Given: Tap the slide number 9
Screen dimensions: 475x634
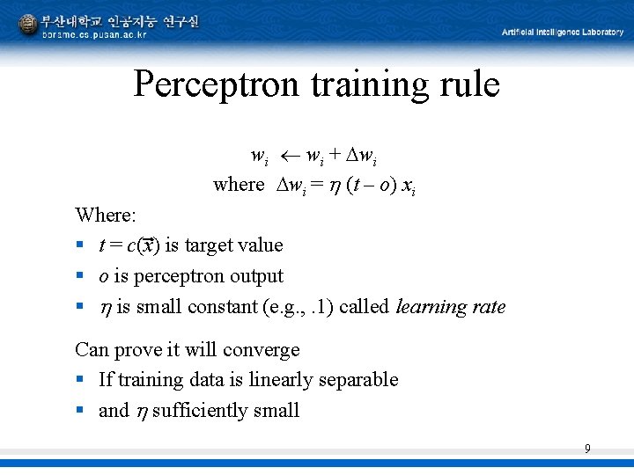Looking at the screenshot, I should pos(587,449).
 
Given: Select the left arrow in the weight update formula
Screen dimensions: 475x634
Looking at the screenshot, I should pos(290,157).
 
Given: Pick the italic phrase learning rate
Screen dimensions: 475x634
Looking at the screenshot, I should pos(451,307).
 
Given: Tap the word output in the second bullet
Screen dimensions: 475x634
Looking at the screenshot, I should pos(256,276).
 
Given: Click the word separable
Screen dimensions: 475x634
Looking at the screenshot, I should pos(361,380).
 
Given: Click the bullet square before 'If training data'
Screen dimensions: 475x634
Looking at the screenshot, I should pos(80,381).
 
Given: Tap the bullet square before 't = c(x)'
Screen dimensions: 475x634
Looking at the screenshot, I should pos(80,245).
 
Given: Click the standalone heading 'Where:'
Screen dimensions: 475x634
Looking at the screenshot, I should pos(104,215).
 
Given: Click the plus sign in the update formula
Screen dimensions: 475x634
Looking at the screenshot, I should pos(335,157).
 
